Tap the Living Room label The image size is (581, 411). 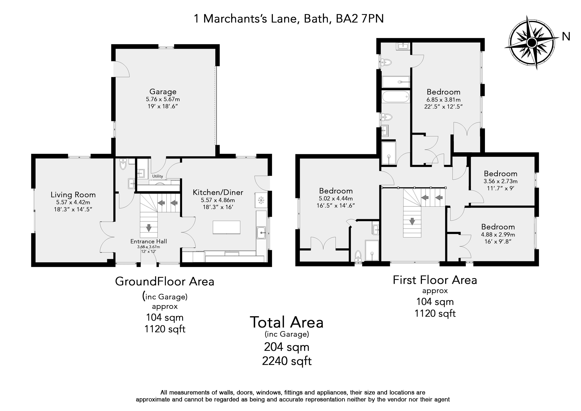73,195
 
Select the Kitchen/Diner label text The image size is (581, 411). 218,192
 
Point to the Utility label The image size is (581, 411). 157,176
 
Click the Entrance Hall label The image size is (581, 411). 149,241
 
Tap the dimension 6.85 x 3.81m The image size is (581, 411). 444,100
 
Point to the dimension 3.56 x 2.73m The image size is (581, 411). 501,181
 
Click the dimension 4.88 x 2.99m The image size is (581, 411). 498,235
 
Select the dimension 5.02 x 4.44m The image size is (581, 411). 336,199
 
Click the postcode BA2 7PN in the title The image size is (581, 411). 360,19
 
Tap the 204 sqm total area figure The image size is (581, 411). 287,347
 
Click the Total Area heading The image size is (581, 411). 287,322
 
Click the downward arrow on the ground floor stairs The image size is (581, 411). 149,228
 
